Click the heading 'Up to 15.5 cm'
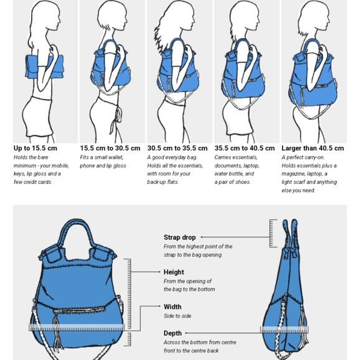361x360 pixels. [x=35, y=148]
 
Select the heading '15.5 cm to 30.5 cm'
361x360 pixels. [x=110, y=148]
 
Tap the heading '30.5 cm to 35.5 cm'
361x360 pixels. [x=177, y=148]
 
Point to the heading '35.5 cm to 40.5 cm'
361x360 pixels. [x=245, y=148]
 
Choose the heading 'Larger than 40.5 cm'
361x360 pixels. [x=312, y=148]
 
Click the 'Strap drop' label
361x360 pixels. [x=180, y=237]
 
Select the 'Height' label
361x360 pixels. [x=174, y=272]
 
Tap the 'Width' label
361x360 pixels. [x=172, y=307]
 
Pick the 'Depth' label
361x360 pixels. [x=172, y=333]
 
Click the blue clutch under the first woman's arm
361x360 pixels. [x=44, y=67]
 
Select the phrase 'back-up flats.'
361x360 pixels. [x=163, y=182]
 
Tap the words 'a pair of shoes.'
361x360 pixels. [x=233, y=182]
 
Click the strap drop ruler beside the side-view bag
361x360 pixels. [x=273, y=233]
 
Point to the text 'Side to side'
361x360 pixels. [x=177, y=316]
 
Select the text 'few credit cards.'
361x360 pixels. [x=33, y=182]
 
